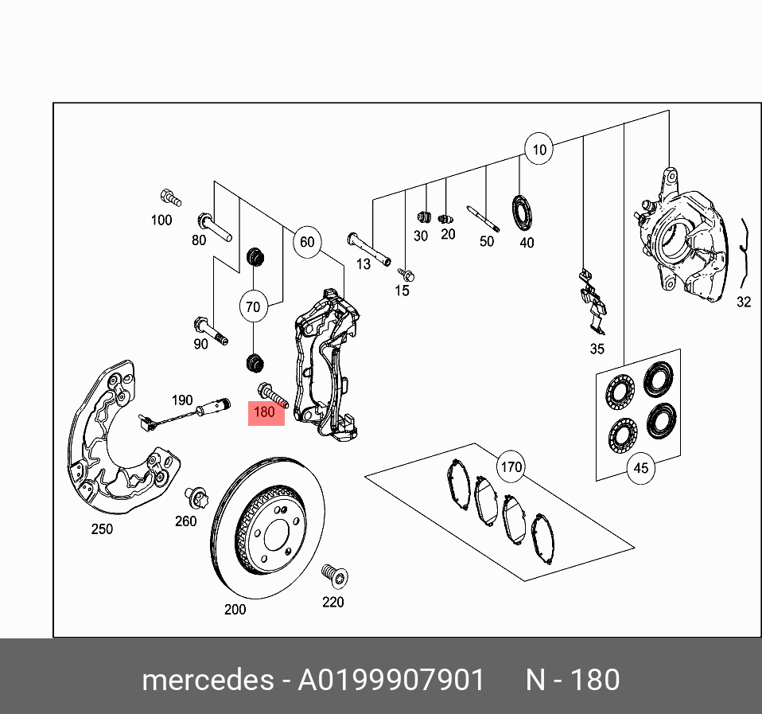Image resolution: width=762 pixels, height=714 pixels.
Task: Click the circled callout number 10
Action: point(539,149)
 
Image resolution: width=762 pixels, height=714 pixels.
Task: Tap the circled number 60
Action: point(307,241)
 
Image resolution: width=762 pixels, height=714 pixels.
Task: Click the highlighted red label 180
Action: point(265,412)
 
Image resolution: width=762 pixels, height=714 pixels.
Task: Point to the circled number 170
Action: point(511,466)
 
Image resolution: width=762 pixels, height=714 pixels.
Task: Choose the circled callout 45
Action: point(640,468)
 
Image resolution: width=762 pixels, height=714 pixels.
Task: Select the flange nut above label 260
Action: point(196,500)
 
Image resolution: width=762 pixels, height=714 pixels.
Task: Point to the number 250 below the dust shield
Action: point(102,529)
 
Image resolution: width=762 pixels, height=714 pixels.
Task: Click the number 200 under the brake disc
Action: point(235,610)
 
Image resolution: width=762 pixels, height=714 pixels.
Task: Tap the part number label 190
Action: point(182,400)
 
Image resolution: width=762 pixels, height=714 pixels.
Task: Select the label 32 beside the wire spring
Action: point(743,302)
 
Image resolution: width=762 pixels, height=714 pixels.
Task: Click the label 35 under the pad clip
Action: point(597,349)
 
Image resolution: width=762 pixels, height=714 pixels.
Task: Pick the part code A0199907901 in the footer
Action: point(391,681)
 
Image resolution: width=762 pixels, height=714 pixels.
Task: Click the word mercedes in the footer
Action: point(206,681)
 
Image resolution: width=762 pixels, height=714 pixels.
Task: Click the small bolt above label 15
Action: point(405,274)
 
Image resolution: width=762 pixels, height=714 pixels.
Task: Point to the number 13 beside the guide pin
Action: point(364,263)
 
